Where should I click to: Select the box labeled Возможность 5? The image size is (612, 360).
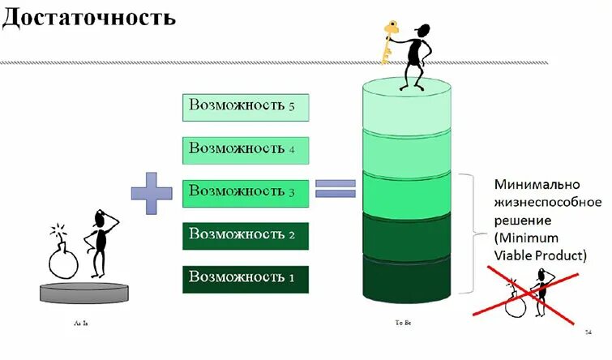click(x=246, y=106)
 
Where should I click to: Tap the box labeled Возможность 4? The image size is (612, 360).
click(x=246, y=149)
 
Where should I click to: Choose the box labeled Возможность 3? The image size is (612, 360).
click(x=246, y=192)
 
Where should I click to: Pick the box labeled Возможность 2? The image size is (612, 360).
click(x=246, y=235)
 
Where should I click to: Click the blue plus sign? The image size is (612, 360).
click(x=152, y=192)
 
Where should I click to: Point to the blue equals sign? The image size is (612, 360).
click(x=336, y=188)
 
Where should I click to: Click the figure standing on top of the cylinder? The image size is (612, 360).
click(x=416, y=57)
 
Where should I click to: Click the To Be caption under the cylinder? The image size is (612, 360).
click(x=403, y=323)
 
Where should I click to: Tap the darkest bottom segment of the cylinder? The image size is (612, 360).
click(x=406, y=280)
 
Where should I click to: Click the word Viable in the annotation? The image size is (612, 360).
click(x=513, y=255)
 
